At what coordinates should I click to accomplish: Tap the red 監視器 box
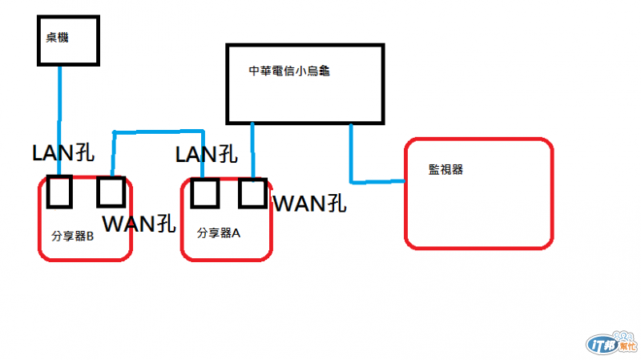tap(479, 193)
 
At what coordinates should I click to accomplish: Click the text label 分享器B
tap(73, 236)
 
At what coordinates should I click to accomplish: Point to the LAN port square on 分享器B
tap(60, 191)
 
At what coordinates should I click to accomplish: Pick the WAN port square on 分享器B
tap(111, 191)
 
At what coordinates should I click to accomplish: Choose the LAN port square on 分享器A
tap(205, 192)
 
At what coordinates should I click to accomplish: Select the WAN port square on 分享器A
tap(252, 192)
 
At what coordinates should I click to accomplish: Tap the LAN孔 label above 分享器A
tap(206, 153)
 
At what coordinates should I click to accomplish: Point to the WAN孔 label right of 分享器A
tap(309, 204)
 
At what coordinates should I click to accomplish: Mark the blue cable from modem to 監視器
tap(352, 160)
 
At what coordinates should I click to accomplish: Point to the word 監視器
tap(445, 169)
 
